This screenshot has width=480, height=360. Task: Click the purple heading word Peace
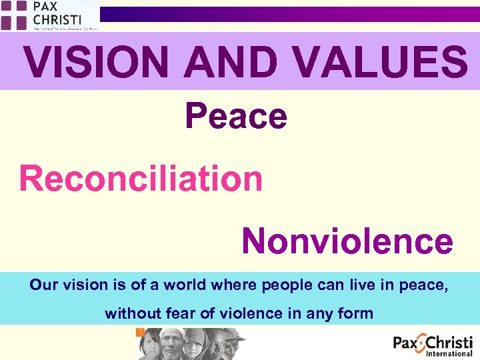[x=236, y=116]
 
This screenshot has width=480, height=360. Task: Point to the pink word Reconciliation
[x=141, y=179]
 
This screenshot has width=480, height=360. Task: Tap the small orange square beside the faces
[x=140, y=332]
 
